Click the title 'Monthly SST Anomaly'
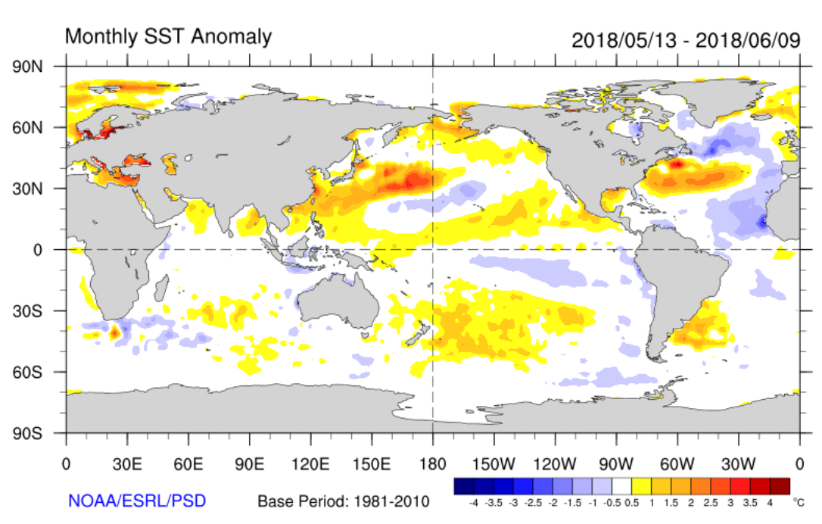[x=168, y=36]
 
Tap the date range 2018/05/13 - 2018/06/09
[x=686, y=39]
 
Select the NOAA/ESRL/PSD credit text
[x=136, y=501]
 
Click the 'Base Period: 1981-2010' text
[x=344, y=501]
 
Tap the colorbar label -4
[x=473, y=501]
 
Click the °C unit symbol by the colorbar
[x=798, y=501]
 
